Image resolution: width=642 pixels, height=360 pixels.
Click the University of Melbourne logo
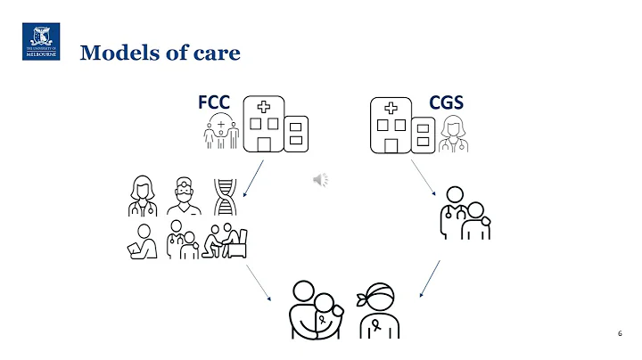40,42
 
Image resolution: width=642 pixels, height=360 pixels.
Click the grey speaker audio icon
320,180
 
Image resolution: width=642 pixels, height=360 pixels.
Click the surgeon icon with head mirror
184,198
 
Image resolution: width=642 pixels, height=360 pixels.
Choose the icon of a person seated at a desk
226,241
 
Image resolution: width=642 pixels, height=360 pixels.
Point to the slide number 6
619,332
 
